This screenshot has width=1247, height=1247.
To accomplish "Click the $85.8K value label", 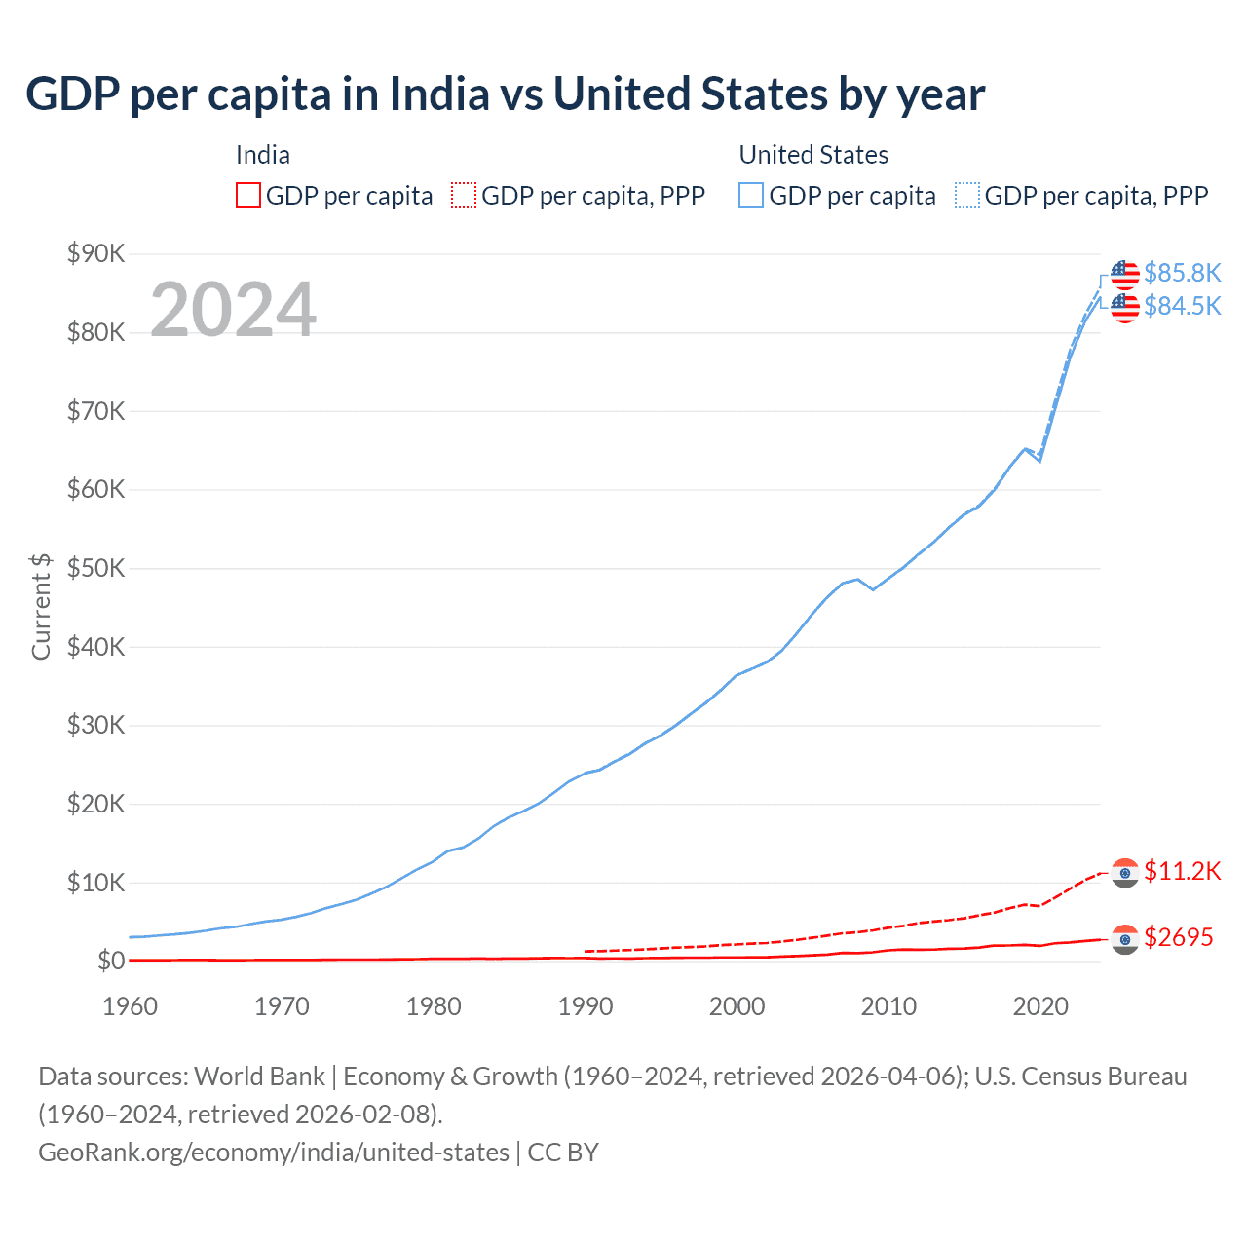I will click(x=1182, y=273).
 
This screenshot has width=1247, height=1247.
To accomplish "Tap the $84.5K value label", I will click(x=1182, y=306).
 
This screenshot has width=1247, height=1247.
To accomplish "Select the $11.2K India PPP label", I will click(x=1182, y=871).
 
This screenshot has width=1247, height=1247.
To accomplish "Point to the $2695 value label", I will click(x=1178, y=937).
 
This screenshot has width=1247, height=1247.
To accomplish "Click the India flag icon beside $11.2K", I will click(x=1125, y=873).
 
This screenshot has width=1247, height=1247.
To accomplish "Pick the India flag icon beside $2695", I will click(x=1125, y=939).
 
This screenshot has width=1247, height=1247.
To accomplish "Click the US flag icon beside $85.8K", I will click(x=1125, y=275).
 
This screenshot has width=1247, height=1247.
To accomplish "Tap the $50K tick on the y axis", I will click(x=95, y=569).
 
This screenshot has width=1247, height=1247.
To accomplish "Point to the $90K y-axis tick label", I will click(x=95, y=254).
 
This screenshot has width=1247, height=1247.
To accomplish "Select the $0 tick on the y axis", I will click(x=111, y=962).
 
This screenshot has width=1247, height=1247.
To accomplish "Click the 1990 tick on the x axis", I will click(x=585, y=1006).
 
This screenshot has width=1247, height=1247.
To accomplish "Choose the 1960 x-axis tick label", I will click(x=130, y=1006).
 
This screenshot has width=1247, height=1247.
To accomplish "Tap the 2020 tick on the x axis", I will click(x=1039, y=1006).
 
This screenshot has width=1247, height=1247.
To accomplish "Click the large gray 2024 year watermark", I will click(x=233, y=310).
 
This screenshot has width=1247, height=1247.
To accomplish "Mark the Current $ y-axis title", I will click(x=41, y=606).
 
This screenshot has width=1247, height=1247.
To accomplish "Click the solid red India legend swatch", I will click(x=248, y=196).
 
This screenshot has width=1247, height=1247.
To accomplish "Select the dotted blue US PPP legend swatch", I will click(x=967, y=196).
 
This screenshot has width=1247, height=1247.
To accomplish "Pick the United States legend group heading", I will click(x=813, y=155).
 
